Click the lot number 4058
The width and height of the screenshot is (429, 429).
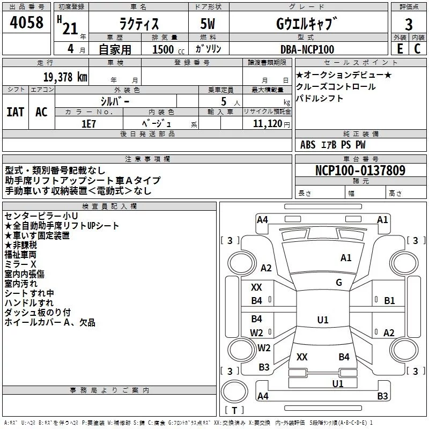point(27,24)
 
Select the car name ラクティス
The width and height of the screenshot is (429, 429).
point(138,25)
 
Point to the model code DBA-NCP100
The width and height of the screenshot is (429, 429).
point(307,49)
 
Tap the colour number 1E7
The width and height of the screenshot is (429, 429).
point(88,123)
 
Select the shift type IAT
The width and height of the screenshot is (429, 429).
point(15,112)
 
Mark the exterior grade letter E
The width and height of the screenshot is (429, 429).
point(399,49)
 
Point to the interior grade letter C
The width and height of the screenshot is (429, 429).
point(417,49)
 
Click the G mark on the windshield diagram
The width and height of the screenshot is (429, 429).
point(339,283)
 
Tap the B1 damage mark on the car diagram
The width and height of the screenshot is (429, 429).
point(389,301)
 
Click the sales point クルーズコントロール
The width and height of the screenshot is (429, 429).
point(335,86)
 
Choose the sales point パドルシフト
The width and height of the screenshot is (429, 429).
point(320,99)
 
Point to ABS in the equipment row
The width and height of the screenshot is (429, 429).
point(308,145)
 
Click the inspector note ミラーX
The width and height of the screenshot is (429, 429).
point(20,264)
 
